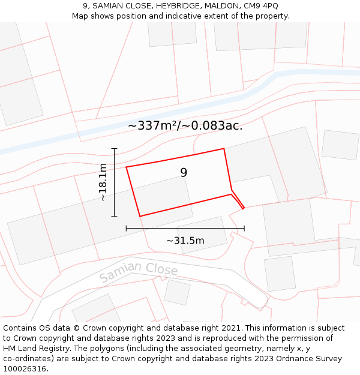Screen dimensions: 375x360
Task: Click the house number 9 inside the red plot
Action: tap(184, 173)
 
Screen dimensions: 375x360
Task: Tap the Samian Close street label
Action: tap(139, 272)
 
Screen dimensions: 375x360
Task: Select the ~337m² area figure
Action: tap(154, 126)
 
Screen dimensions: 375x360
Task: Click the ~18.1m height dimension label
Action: tap(103, 182)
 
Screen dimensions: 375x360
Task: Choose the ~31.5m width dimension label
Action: tap(185, 241)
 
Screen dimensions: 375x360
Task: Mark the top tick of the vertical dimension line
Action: tap(114, 148)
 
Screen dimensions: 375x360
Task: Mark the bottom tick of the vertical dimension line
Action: tap(114, 216)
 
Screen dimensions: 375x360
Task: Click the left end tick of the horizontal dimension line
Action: tap(126, 228)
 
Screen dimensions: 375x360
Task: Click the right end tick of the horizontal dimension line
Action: tap(244, 228)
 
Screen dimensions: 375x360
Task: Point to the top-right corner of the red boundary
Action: tap(224, 149)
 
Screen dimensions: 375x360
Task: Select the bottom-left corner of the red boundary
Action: tap(140, 216)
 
